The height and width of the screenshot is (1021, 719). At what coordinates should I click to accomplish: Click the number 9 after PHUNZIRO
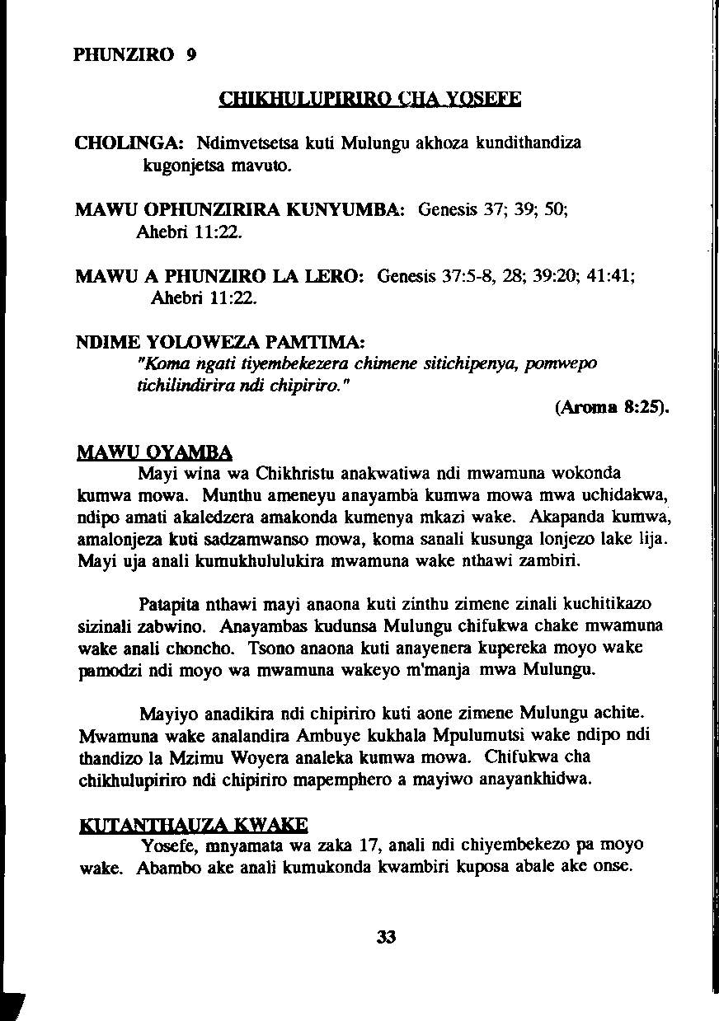click(x=191, y=55)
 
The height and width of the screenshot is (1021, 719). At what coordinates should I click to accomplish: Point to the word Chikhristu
click(x=298, y=474)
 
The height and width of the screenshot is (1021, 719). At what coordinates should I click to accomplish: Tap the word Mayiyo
click(x=166, y=713)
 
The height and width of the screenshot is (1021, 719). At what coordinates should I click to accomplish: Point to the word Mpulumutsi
click(x=501, y=735)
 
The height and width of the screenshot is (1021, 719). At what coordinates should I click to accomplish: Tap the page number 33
click(x=386, y=937)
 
